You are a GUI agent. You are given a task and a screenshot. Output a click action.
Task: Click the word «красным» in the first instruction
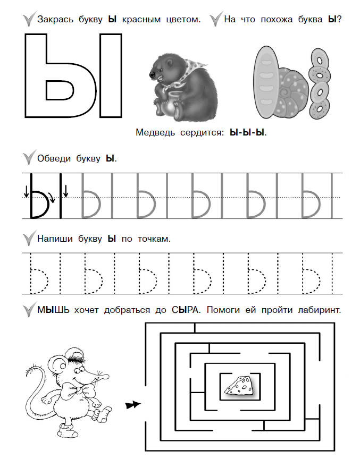pyautogui.click(x=141, y=20)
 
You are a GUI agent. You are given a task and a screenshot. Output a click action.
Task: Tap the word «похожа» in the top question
pyautogui.click(x=277, y=20)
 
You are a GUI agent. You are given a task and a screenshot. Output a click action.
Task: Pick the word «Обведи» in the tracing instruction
pyautogui.click(x=54, y=158)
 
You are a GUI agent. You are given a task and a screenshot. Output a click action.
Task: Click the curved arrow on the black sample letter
pyautogui.click(x=52, y=197)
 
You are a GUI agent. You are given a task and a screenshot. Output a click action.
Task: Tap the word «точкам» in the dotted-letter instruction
pyautogui.click(x=154, y=239)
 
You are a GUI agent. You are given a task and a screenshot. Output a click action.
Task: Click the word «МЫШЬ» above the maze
pyautogui.click(x=53, y=310)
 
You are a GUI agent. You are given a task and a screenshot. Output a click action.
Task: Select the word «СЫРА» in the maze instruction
pyautogui.click(x=186, y=310)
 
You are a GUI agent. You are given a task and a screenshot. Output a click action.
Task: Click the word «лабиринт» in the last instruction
pyautogui.click(x=319, y=310)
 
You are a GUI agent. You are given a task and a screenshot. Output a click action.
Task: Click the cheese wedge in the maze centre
pyautogui.click(x=239, y=386)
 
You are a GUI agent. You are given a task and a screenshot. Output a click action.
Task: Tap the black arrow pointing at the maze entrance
pyautogui.click(x=133, y=405)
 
